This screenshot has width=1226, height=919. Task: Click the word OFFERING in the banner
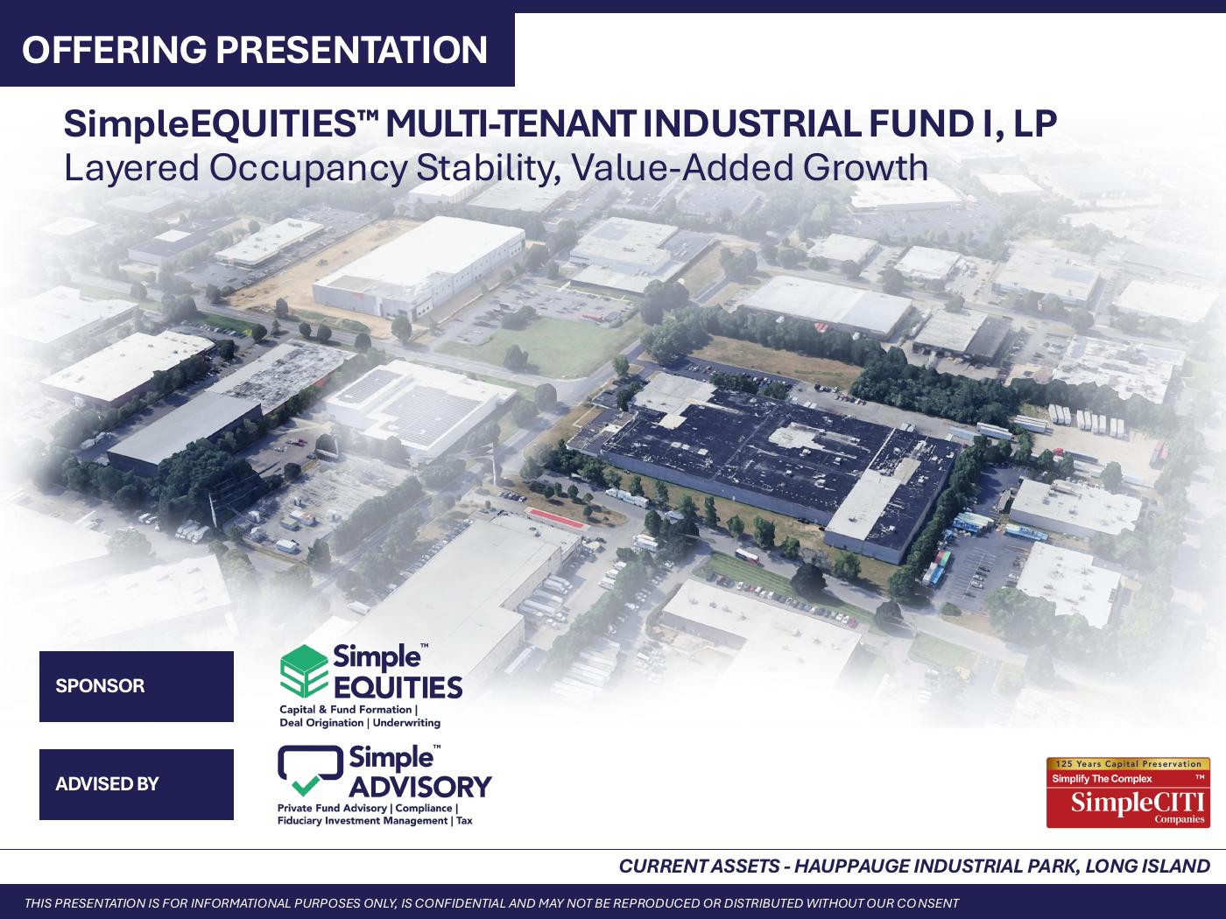115,50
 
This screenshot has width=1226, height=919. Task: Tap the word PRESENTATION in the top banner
352,50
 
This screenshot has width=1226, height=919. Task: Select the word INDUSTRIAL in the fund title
751,124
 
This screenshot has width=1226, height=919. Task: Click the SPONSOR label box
137,686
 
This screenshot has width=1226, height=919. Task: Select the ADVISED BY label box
137,784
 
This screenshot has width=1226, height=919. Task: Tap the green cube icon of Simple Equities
304,670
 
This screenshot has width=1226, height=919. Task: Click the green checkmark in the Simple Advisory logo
306,786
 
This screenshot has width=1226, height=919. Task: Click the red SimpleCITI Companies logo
1128,792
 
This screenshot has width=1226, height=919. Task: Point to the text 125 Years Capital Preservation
1128,764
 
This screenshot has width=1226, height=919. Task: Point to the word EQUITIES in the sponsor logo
398,687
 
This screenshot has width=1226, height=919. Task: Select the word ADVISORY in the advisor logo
420,787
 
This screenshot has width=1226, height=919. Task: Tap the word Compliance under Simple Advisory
424,809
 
